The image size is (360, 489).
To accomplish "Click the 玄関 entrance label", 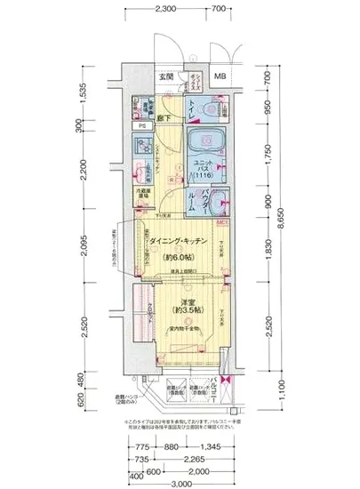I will (x=166, y=76).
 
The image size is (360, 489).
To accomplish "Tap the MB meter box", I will (x=220, y=76).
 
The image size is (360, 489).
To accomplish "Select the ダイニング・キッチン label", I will (x=178, y=241).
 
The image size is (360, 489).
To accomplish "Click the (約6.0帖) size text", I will (x=178, y=257).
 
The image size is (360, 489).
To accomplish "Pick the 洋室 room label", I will (x=184, y=302).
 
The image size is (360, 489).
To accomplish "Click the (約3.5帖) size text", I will (x=184, y=312).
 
